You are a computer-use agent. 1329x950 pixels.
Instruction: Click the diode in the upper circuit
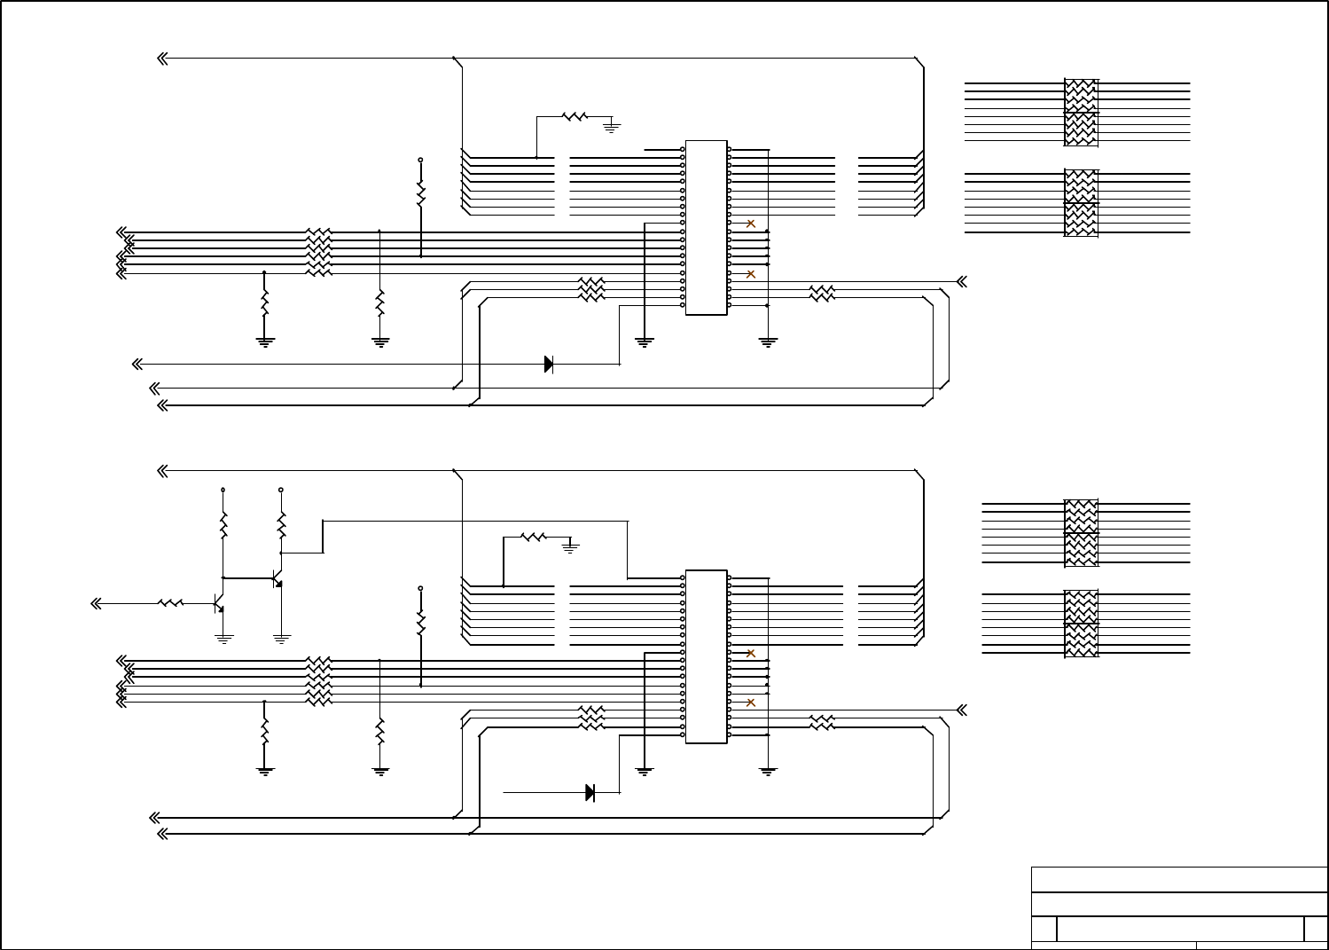[549, 364]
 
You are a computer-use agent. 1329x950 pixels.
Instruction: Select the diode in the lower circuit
[590, 792]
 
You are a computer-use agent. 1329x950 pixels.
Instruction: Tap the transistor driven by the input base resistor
[218, 604]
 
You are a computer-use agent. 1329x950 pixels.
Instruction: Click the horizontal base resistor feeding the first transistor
[170, 603]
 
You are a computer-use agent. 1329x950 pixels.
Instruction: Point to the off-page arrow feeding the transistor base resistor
[98, 603]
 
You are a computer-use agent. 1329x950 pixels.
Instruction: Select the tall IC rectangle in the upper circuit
[706, 227]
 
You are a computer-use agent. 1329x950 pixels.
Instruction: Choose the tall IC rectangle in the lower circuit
[706, 656]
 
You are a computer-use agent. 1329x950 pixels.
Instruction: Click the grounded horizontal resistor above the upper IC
[575, 115]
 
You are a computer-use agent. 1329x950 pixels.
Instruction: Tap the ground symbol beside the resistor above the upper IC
[611, 127]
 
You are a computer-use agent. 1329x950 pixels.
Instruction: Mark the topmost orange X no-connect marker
[751, 224]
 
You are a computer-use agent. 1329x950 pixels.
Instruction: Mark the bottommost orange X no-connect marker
[751, 703]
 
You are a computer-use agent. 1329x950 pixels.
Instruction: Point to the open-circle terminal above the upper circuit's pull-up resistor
[420, 160]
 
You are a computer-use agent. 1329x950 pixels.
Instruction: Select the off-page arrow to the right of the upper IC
[961, 281]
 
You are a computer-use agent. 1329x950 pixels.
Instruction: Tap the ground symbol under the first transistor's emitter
[224, 638]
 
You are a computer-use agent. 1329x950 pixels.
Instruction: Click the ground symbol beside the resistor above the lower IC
[571, 548]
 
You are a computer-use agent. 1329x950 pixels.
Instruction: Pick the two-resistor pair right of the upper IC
[822, 293]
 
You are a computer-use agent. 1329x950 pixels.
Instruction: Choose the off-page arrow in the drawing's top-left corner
[163, 59]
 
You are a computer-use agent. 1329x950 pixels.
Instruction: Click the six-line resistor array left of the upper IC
[318, 252]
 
